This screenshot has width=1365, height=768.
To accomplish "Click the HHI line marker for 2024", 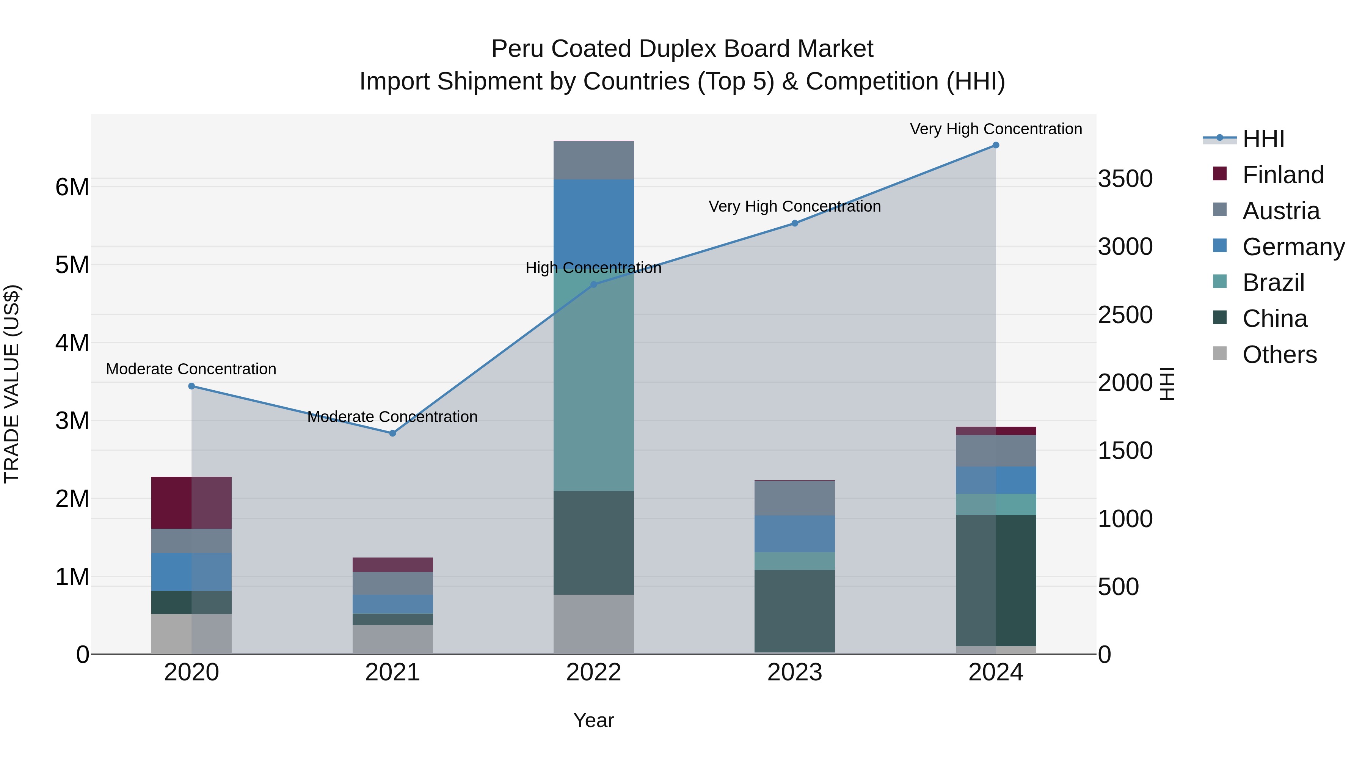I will tap(996, 145).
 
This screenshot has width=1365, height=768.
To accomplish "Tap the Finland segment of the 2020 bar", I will tap(191, 503).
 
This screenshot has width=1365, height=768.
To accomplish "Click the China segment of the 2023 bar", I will tap(794, 611).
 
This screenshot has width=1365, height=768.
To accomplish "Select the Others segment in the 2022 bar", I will tap(593, 624).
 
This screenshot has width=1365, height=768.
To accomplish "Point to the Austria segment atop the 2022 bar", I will tap(593, 160).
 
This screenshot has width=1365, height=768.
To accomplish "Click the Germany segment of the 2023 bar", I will tap(794, 534).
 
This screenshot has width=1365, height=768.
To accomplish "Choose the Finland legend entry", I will tap(1282, 175).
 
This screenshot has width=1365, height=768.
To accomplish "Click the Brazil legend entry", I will tap(1273, 283).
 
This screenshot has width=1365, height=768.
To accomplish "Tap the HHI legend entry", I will tap(1263, 139).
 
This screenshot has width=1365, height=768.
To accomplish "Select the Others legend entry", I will tap(1279, 355).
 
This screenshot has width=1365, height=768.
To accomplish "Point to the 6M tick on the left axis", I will tap(72, 187).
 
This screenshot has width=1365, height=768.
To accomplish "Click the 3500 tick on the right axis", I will tap(1125, 179).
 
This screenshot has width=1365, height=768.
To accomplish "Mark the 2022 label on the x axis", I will tap(593, 672).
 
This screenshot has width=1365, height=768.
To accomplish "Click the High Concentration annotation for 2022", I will tap(593, 268).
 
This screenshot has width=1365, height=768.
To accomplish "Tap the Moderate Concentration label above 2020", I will tap(191, 369).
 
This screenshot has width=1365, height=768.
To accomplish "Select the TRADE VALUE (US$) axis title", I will tap(12, 384).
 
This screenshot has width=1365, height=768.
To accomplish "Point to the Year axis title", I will tap(593, 720).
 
